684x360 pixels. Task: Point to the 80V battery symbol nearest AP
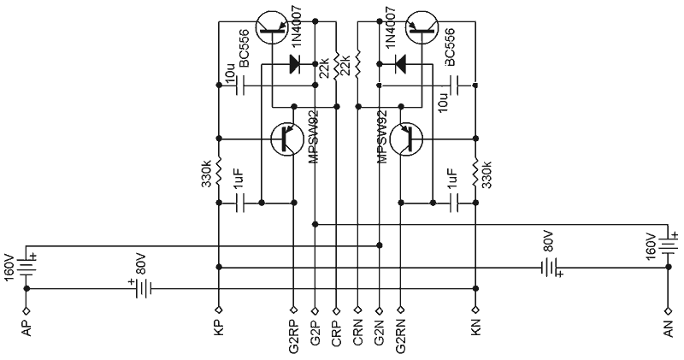pyautogui.click(x=139, y=289)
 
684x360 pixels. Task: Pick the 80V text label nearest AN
pyautogui.click(x=547, y=241)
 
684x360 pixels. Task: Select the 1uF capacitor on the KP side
pyautogui.click(x=240, y=204)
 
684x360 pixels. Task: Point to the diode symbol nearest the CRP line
pyautogui.click(x=296, y=62)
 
